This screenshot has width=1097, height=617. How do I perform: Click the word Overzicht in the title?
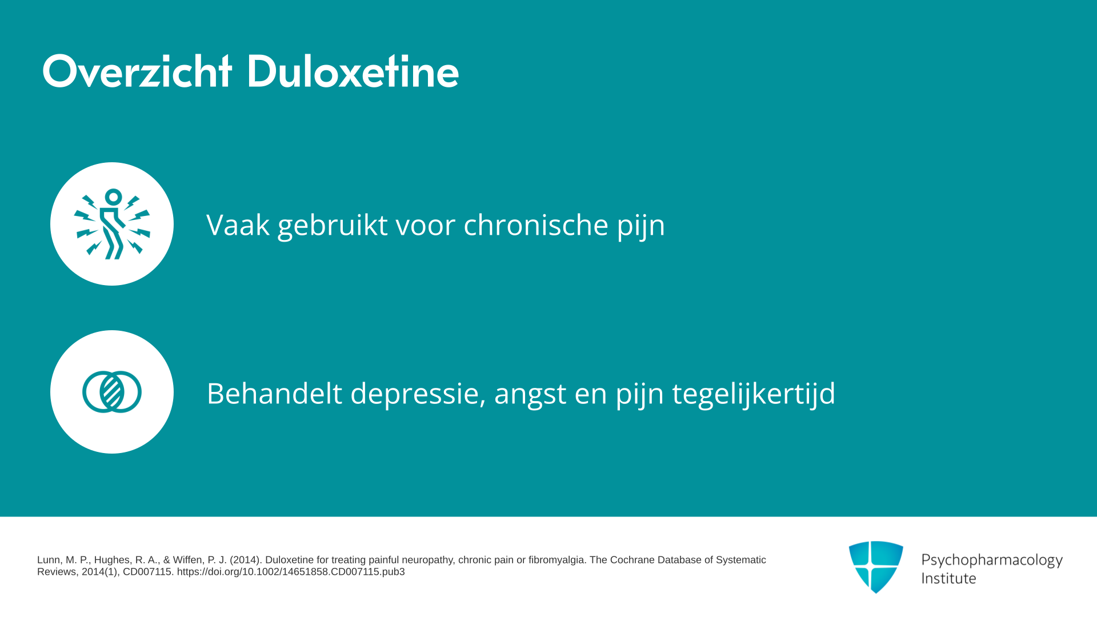(x=137, y=72)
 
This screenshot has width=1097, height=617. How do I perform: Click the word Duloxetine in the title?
(x=353, y=72)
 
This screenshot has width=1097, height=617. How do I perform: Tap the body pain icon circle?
(x=112, y=224)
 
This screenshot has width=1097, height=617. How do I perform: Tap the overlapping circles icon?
(x=112, y=392)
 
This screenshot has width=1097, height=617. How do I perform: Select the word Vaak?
(x=238, y=225)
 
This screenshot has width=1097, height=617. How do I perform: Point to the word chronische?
(x=536, y=225)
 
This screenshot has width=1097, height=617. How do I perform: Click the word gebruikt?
(x=333, y=225)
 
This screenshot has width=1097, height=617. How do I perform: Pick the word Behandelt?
(x=274, y=393)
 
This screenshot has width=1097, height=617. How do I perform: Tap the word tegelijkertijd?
(x=754, y=394)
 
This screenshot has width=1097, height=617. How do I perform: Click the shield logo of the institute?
(x=876, y=567)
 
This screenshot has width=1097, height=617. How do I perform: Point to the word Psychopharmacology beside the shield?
(x=992, y=560)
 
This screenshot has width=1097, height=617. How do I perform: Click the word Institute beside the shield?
(x=948, y=578)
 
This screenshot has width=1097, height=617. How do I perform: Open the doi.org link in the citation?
(x=291, y=572)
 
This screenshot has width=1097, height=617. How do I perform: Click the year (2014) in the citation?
(x=245, y=560)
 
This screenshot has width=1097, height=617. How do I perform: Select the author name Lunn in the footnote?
(x=49, y=560)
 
